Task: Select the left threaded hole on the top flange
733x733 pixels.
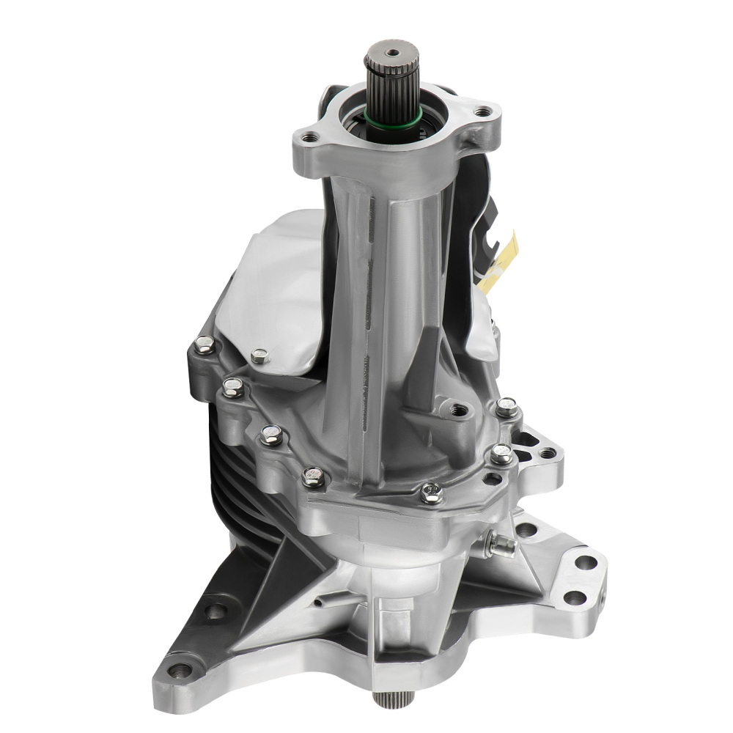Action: click(311, 136)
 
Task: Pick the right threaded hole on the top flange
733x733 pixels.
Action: click(481, 112)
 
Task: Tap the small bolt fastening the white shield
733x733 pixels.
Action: click(259, 357)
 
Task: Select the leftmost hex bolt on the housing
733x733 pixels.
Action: click(205, 345)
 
